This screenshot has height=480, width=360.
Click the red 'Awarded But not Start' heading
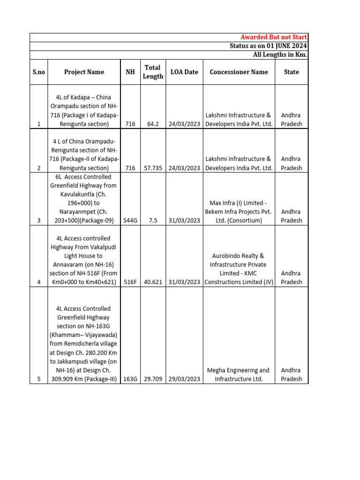pos(274,37)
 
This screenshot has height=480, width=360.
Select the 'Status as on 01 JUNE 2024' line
pos(268,46)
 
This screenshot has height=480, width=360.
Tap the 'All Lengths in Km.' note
pos(279,55)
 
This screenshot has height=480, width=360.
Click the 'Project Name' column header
pos(84,72)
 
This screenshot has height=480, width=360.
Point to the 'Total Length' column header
pos(153,72)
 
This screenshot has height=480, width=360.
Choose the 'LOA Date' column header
pos(184,72)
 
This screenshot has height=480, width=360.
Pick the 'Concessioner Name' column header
pos(239,72)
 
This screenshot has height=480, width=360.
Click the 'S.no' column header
pos(39,72)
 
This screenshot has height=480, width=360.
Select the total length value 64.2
pos(153,124)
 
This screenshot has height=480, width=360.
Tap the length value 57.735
pos(153,168)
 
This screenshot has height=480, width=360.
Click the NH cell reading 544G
pos(130,220)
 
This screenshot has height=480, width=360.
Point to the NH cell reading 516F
pos(130,282)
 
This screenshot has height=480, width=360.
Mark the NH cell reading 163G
pos(130,379)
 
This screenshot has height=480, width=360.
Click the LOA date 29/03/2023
pos(184,379)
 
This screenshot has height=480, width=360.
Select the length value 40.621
pos(153,282)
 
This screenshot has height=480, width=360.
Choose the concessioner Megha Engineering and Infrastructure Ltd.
pos(239,375)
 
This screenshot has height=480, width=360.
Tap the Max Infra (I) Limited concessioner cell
pos(239,211)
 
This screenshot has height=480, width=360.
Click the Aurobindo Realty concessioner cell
pos(239,269)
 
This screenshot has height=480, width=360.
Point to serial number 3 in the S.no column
pos(38,220)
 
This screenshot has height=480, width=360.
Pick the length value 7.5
pos(153,220)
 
